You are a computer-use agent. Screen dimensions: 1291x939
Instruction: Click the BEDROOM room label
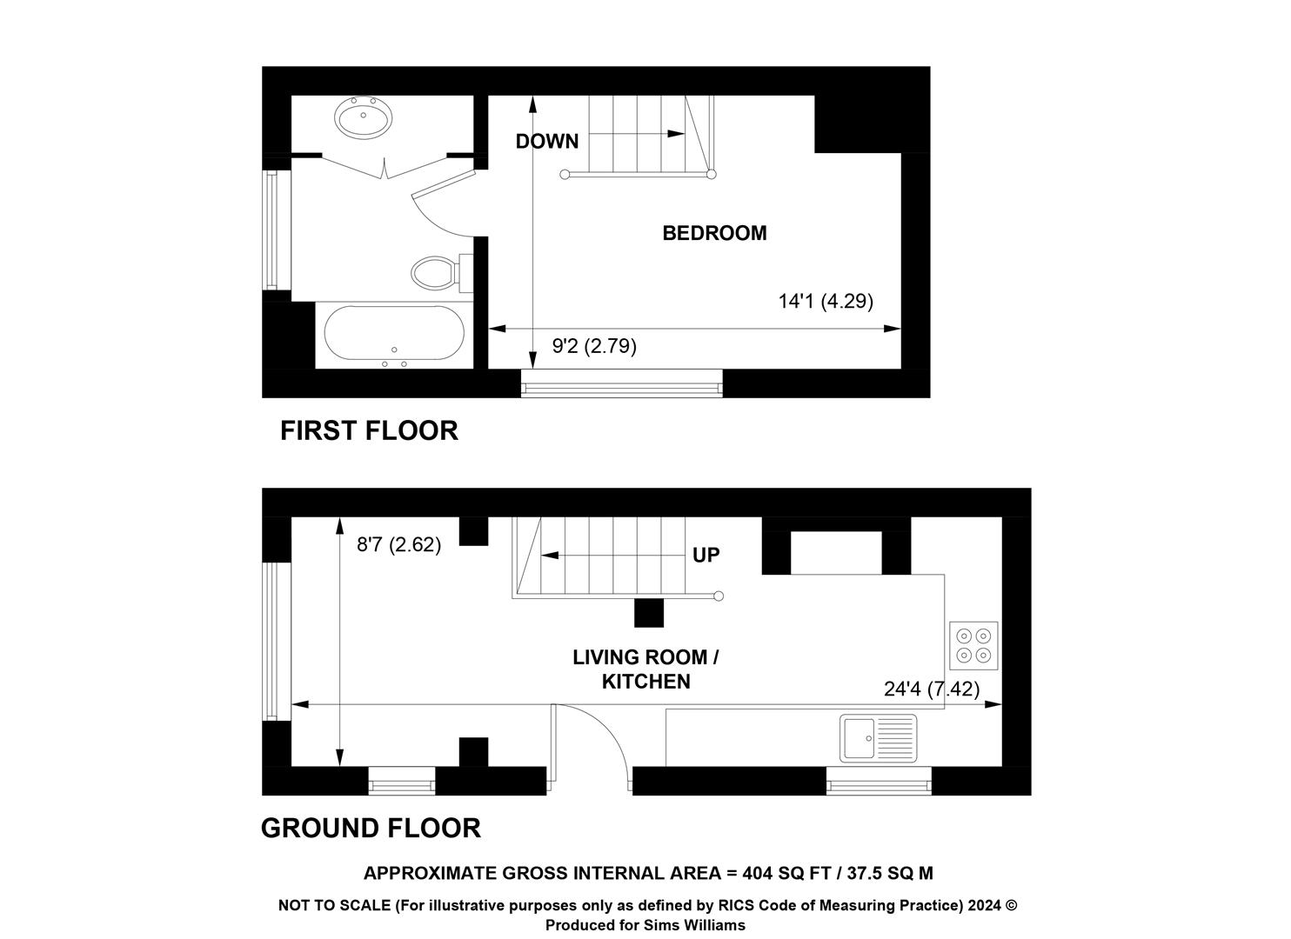coord(714,233)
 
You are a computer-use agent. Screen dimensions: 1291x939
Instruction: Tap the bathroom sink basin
coord(363,117)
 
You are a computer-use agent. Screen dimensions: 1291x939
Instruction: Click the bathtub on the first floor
coord(394,334)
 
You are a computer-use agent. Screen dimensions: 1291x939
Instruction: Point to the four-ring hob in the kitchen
coord(973,646)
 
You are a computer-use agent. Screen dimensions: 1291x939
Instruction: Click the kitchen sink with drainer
coord(878,738)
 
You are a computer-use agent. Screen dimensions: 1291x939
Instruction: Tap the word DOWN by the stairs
coord(547,141)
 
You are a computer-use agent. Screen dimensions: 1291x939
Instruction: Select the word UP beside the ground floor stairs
coord(706,555)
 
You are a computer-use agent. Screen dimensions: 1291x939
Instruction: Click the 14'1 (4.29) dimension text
coord(826,302)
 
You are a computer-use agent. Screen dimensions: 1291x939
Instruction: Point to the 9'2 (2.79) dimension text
coord(594,346)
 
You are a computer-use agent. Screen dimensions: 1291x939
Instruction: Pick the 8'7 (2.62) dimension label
coord(398,544)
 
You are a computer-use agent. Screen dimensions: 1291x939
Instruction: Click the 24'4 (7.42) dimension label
coord(932,689)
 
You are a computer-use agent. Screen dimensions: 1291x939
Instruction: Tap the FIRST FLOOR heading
coord(369,431)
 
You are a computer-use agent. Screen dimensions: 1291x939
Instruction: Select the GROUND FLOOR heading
coord(371,829)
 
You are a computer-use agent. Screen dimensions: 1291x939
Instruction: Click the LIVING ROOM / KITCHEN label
coord(645,669)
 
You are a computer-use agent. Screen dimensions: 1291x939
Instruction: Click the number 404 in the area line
coord(758,873)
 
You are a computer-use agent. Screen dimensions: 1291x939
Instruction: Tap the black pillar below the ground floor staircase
coord(649,613)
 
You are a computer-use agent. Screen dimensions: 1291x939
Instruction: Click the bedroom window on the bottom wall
coord(622,383)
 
